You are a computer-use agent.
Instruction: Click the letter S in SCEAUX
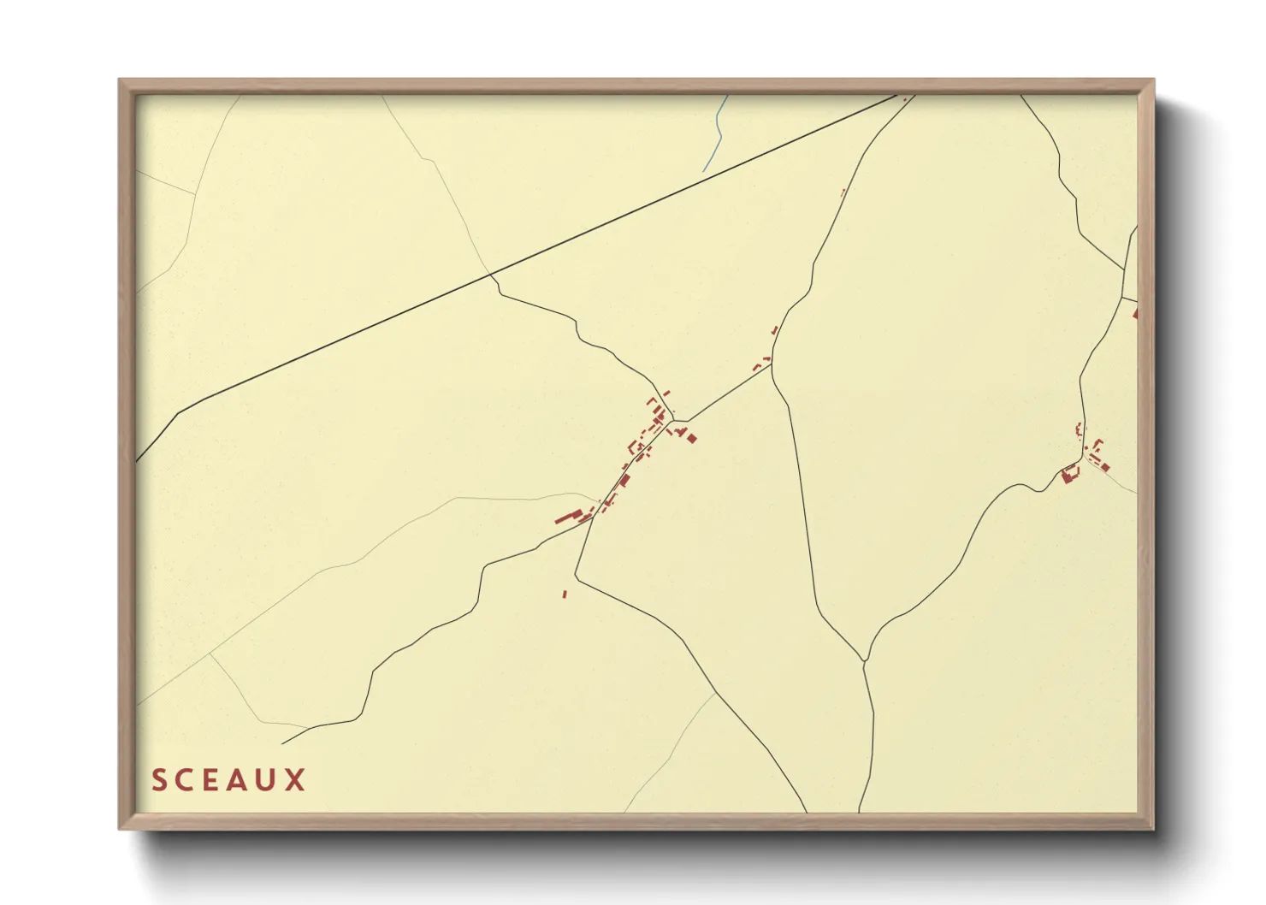159,780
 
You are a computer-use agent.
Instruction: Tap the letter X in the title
296,780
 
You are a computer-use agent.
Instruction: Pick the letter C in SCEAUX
186,780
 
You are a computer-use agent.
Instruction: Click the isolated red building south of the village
565,594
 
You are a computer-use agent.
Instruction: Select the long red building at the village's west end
565,518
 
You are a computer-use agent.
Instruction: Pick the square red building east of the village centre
692,439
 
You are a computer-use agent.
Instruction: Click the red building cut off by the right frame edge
1135,313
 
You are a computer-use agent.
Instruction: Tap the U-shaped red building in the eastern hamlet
1068,473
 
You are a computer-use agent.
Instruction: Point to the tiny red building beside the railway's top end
905,99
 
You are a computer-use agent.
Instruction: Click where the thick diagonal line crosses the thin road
491,275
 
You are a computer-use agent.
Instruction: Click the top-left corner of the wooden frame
120,80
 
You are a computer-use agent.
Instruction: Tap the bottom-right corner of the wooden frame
1153,829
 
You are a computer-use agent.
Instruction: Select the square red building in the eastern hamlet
1104,467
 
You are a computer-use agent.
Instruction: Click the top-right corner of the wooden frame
1153,80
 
